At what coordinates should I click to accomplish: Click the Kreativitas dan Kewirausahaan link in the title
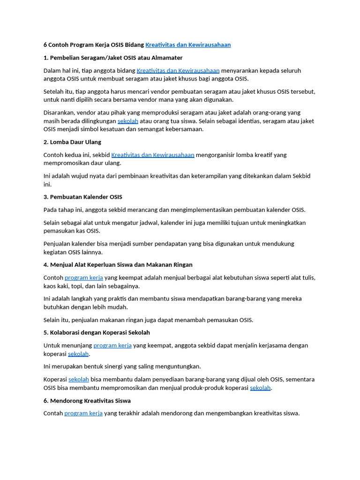[x=188, y=45]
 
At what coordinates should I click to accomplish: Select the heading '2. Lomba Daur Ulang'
[x=72, y=142]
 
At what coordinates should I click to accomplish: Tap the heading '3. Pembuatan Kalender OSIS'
[x=83, y=197]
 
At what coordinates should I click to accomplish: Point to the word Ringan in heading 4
[x=182, y=265]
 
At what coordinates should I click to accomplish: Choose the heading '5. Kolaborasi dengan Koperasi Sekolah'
[x=97, y=332]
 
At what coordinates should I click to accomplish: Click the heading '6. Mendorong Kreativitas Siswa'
[x=87, y=401]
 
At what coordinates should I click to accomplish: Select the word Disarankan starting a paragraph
[x=59, y=112]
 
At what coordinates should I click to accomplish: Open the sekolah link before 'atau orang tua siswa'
[x=127, y=121]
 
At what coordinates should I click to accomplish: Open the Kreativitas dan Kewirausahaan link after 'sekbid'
[x=153, y=155]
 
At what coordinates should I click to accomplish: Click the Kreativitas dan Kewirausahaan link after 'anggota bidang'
[x=178, y=70]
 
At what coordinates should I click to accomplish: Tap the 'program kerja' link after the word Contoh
[x=83, y=277]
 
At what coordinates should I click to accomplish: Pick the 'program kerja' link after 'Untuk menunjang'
[x=112, y=345]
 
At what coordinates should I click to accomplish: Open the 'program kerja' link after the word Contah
[x=83, y=413]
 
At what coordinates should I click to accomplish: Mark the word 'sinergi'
[x=132, y=367]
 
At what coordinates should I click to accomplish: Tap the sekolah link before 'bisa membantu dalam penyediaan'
[x=79, y=379]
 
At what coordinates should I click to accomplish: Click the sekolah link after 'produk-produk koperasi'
[x=260, y=388]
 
